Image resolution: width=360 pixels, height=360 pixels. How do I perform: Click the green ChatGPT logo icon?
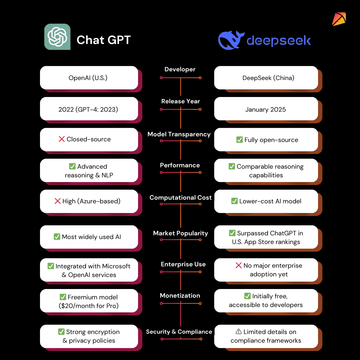point(57,37)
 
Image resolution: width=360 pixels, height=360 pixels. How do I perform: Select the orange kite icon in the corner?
point(339,19)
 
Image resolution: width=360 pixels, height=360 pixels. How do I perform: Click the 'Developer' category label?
point(180,69)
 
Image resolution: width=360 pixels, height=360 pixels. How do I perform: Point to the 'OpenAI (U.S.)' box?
point(89,78)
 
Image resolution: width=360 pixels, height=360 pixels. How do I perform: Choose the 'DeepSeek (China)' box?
point(266,78)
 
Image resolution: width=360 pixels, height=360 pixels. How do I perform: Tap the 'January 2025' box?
point(266,109)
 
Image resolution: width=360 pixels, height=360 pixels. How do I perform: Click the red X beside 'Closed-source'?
point(62,139)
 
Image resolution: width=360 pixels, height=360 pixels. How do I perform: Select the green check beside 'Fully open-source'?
point(239,140)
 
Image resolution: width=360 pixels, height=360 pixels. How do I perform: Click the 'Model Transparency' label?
point(179,134)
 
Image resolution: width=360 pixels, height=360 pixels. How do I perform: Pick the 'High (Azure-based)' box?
point(89,201)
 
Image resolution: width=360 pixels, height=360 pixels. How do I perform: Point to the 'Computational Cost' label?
point(180,198)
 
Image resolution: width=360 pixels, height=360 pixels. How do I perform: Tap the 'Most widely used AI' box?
point(89,237)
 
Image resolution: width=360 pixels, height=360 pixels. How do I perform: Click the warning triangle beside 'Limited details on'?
point(239,332)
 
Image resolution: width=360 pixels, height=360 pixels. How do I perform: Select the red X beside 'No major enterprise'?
point(239,265)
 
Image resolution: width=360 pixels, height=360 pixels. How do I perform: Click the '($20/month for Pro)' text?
point(89,306)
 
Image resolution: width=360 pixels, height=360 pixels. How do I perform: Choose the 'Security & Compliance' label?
point(179,332)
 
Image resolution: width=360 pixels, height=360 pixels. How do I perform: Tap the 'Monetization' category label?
point(180,296)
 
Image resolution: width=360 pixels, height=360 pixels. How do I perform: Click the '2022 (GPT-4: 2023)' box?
point(89,109)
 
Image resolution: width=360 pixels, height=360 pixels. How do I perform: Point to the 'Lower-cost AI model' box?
point(266,201)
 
